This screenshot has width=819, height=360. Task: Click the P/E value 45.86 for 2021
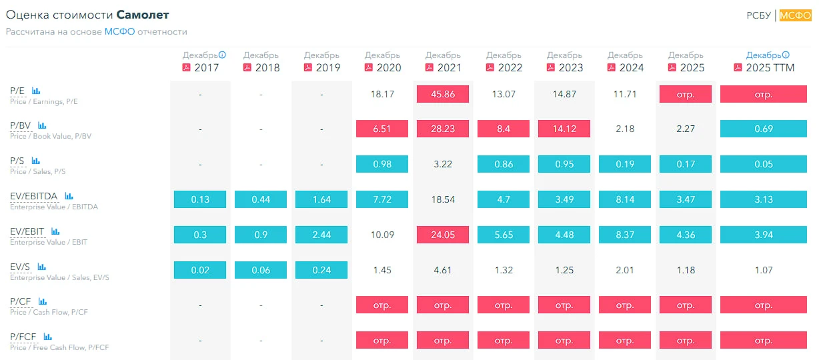[x=442, y=94]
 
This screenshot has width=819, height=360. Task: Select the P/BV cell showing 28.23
[x=442, y=129]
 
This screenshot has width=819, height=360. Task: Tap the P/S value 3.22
[x=442, y=164]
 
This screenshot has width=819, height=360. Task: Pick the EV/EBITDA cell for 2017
[x=200, y=199]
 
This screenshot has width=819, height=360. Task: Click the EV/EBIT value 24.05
[x=442, y=235]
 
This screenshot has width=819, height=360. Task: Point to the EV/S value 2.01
[x=624, y=270]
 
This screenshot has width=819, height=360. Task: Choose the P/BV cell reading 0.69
[x=764, y=129]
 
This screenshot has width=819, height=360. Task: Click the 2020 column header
[x=383, y=62]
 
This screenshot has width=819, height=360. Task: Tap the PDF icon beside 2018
[x=247, y=67]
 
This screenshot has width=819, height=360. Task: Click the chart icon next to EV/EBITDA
[x=69, y=196]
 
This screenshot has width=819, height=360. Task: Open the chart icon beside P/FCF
[x=47, y=337]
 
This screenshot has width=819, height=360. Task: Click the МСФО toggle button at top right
[x=795, y=15]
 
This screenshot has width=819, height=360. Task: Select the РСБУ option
[x=758, y=15]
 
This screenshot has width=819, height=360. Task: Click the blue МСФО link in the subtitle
[x=119, y=32]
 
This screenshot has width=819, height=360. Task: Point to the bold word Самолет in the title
[x=143, y=15]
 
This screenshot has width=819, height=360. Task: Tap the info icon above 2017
[x=222, y=55]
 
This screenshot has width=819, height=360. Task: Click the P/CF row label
[x=21, y=301]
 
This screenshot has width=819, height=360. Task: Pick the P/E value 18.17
[x=382, y=94]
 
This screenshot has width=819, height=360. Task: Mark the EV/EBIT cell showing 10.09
[x=382, y=235]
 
